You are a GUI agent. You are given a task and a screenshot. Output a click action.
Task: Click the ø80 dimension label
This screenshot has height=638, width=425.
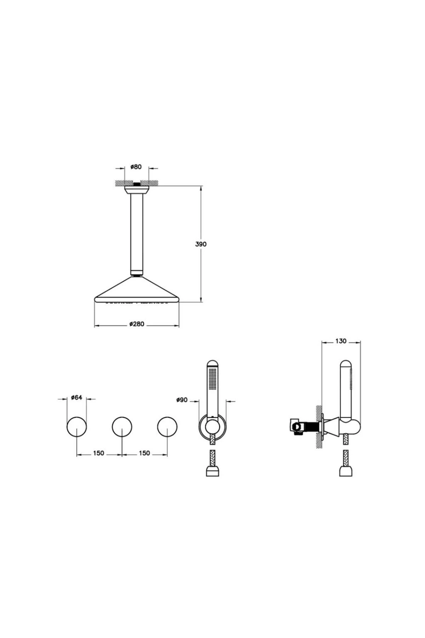point(136,167)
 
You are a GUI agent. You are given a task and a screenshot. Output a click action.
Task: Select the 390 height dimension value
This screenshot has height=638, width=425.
point(201,244)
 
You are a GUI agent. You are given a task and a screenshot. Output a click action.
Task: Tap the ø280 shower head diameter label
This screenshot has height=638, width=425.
point(137,324)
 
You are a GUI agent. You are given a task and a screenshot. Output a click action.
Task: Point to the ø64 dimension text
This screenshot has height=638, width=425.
point(76,397)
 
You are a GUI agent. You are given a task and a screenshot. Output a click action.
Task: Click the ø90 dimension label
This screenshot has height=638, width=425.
point(182,400)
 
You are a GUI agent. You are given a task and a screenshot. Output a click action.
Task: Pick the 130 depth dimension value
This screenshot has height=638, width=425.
point(341,341)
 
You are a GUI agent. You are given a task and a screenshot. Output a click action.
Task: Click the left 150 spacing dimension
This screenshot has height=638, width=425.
point(99,453)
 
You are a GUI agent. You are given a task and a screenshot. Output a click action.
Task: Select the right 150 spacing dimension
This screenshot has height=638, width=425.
point(144,453)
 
